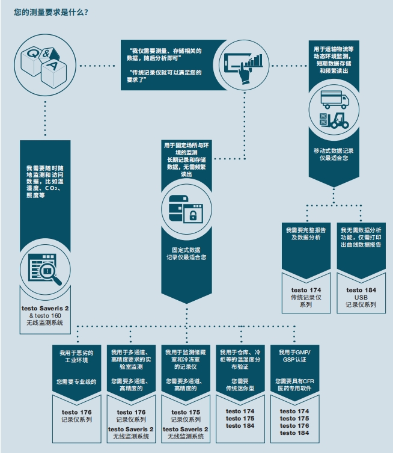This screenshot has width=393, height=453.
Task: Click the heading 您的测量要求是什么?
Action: click(x=51, y=13)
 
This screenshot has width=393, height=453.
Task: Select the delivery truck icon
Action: click(x=335, y=100)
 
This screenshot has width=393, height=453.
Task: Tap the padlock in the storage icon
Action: click(x=193, y=215)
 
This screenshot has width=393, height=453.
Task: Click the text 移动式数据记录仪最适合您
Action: click(x=334, y=154)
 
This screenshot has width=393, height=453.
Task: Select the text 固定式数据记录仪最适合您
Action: click(x=186, y=254)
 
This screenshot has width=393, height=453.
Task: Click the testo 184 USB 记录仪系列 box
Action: click(x=361, y=293)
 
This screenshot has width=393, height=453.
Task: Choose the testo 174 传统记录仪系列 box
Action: click(x=306, y=293)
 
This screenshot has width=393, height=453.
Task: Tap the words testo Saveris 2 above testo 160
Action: click(x=45, y=308)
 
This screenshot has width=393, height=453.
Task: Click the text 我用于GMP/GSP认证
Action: click(x=294, y=356)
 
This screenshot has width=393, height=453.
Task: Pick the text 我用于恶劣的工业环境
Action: click(x=76, y=356)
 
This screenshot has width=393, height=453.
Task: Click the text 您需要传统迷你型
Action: click(x=240, y=385)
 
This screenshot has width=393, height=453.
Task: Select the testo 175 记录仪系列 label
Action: click(x=186, y=416)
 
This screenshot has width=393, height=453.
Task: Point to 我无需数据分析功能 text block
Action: click(x=361, y=238)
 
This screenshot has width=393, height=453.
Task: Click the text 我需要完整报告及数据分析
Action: click(x=306, y=234)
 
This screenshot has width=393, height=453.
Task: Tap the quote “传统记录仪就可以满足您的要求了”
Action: click(x=164, y=76)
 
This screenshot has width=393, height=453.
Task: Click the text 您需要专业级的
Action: click(x=76, y=381)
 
